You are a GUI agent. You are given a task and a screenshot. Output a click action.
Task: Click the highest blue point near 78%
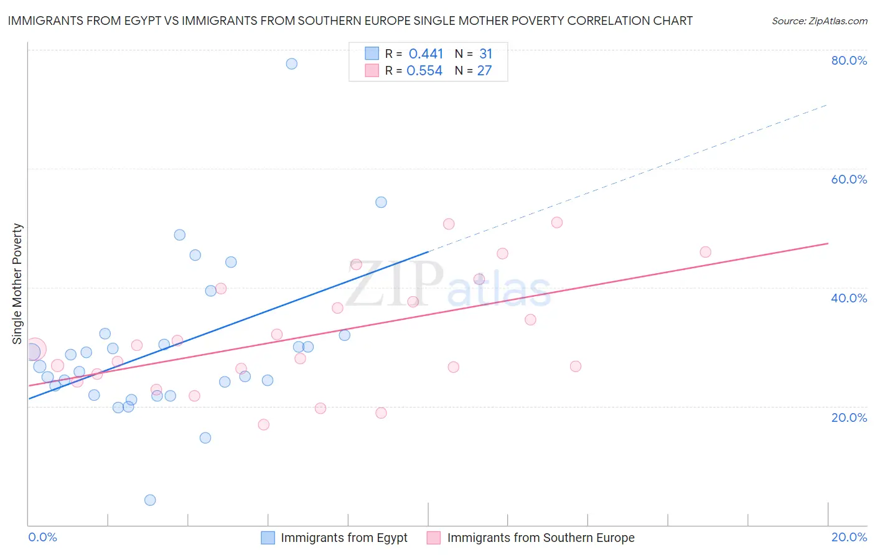291,63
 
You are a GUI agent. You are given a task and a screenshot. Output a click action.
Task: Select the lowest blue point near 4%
150,500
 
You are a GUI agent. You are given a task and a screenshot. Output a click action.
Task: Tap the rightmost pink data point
705,252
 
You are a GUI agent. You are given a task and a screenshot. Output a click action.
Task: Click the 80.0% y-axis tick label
849,60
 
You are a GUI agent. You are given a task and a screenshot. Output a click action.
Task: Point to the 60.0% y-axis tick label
849,179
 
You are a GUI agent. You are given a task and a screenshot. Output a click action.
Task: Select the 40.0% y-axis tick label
849,298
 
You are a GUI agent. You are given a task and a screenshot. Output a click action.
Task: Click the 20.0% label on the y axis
849,417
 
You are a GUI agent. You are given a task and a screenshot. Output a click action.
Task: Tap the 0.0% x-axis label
42,537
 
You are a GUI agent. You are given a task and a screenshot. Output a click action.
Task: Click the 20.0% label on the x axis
849,537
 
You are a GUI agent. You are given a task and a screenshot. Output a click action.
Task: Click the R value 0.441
426,54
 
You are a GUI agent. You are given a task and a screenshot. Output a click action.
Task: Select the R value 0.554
424,71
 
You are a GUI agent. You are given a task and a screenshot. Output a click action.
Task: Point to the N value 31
485,54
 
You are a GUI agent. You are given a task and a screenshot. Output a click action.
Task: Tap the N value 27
484,71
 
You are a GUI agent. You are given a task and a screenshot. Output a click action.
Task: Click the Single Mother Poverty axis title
17,284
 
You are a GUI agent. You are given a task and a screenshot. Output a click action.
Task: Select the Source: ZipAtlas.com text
819,21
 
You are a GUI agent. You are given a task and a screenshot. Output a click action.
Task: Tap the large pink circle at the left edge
34,350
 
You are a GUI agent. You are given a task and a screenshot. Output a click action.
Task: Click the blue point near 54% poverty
381,202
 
